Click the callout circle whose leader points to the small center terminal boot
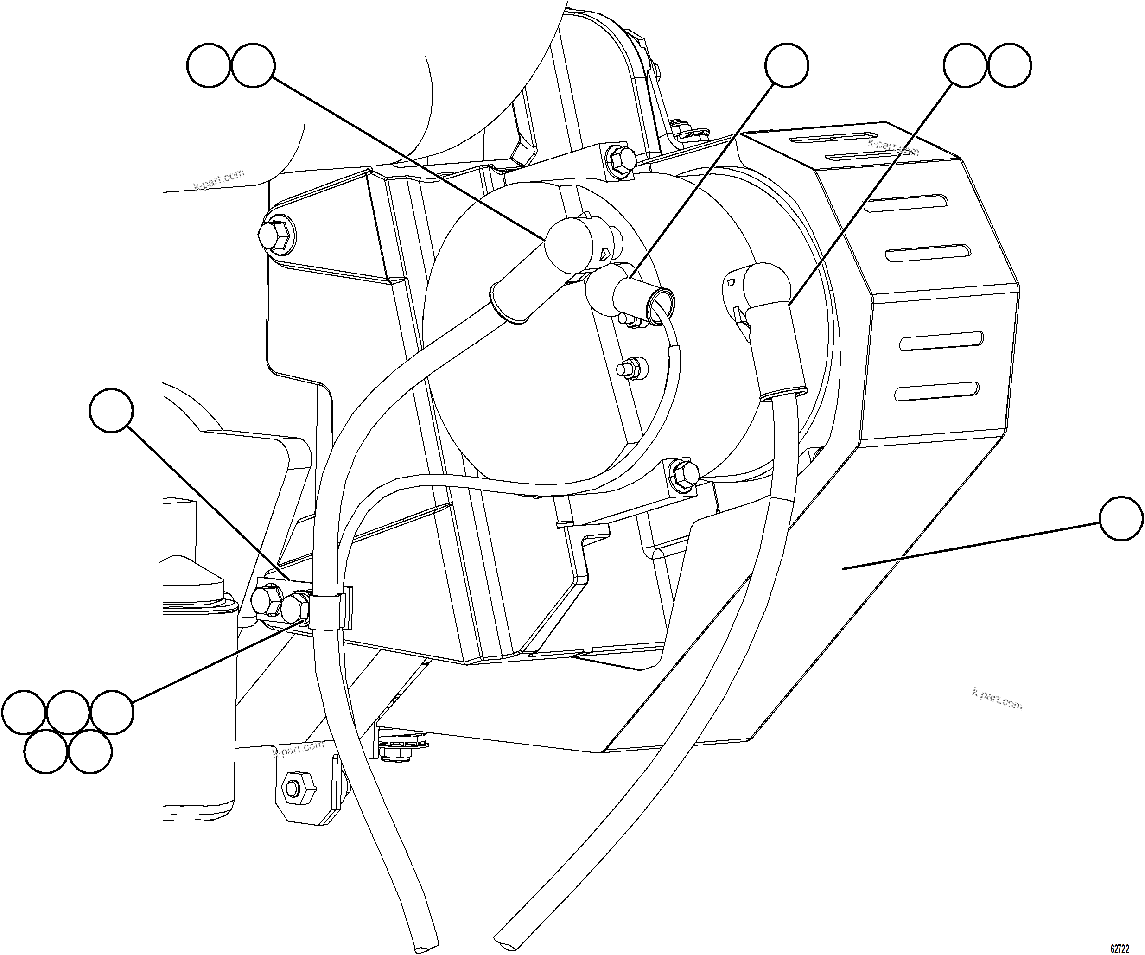(x=786, y=65)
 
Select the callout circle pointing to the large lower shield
(x=1121, y=519)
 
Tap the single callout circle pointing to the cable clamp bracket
(x=111, y=410)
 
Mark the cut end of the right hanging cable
(x=508, y=936)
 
